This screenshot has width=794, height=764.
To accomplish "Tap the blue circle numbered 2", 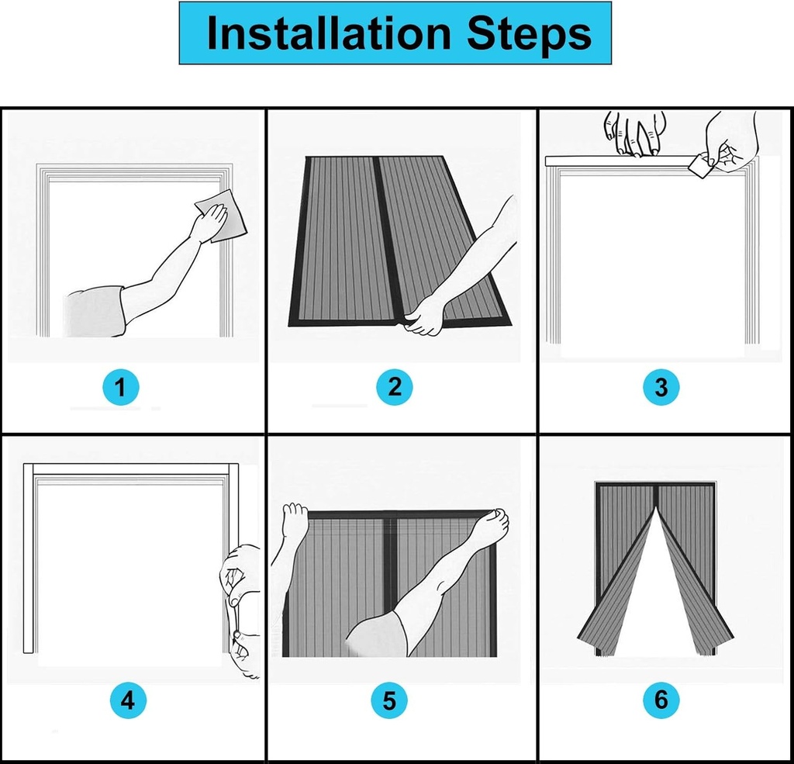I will point(395,386).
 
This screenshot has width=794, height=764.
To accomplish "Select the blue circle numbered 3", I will point(661,386).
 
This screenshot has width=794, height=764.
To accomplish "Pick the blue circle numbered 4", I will point(126,701).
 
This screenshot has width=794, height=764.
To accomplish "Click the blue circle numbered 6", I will point(661,701).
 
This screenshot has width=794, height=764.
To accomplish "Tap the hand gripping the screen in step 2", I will point(425,316).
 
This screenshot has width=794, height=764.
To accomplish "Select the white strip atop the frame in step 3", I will point(613,161).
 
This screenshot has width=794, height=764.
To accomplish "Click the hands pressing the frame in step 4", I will point(242,605).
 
